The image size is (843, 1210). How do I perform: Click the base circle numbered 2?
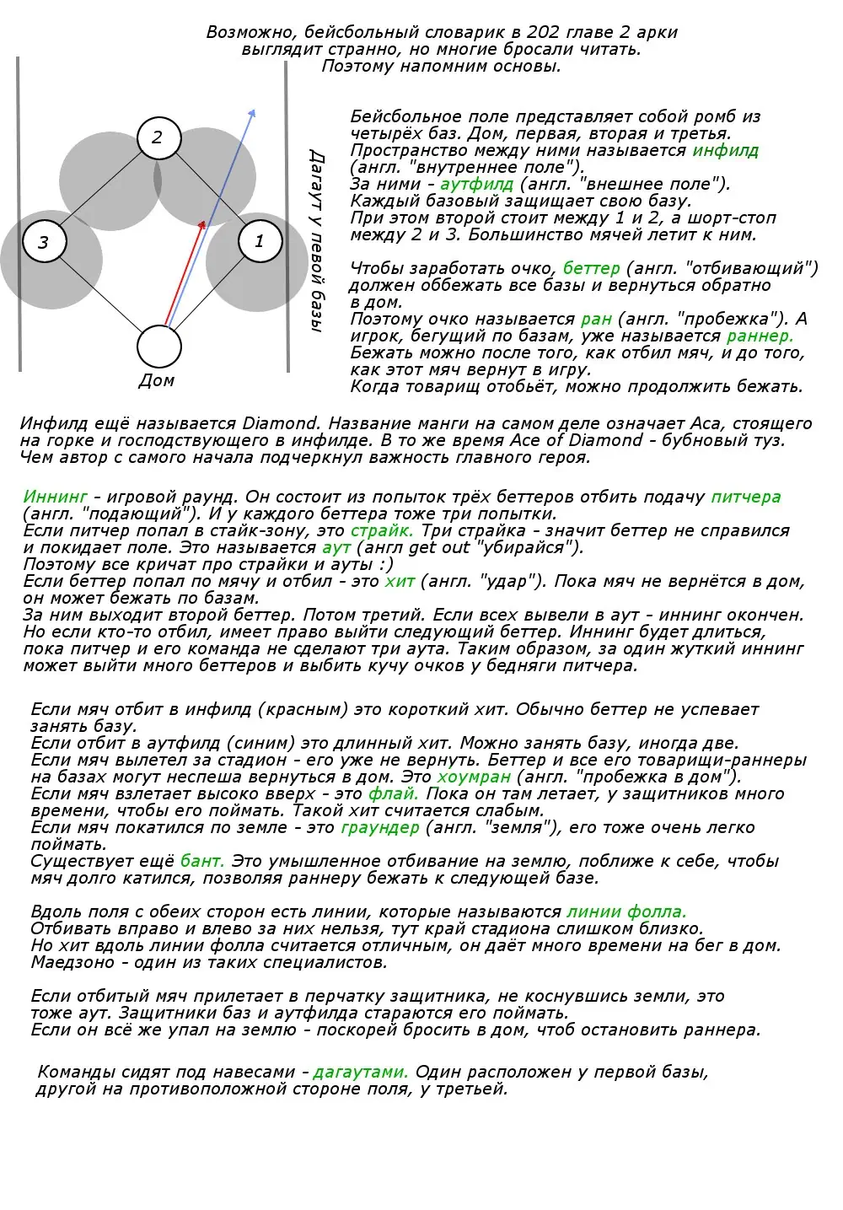click(158, 137)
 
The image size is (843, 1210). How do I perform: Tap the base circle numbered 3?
click(44, 243)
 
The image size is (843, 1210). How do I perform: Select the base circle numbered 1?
click(260, 241)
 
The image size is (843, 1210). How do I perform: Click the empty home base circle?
click(159, 347)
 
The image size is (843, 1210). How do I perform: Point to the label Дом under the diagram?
click(157, 380)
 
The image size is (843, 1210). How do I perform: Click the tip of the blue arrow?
click(253, 111)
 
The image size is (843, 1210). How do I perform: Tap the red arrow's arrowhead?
click(202, 224)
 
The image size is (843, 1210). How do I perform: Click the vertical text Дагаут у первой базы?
click(316, 241)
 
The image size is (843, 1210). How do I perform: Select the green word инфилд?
click(726, 151)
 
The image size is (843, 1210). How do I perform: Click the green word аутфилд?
click(476, 185)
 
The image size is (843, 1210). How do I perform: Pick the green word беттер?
click(591, 269)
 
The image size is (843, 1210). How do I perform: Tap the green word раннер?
click(760, 336)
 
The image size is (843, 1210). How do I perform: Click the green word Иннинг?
click(56, 497)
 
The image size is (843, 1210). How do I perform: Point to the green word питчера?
click(746, 497)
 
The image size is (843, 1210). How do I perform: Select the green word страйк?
click(382, 531)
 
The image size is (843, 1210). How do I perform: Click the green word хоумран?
click(473, 777)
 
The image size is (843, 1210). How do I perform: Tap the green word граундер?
click(379, 827)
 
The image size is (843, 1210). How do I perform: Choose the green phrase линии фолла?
click(626, 912)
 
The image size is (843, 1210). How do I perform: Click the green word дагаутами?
click(361, 1072)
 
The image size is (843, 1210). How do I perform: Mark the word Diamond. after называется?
click(282, 423)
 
